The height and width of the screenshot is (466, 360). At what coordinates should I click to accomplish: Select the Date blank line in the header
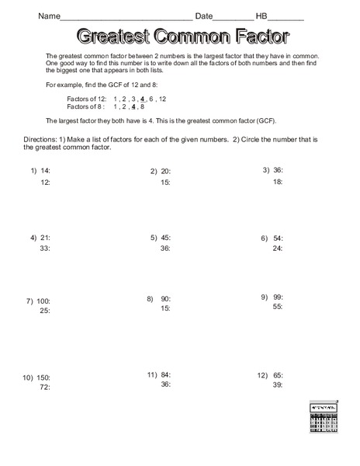point(233,17)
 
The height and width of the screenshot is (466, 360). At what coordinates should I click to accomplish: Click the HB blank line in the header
point(287,17)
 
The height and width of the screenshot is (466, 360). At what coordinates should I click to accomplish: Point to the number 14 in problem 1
point(46,170)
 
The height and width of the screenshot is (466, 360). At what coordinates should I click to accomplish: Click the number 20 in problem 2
point(166,171)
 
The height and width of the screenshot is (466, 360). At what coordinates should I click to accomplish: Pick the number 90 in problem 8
point(165,298)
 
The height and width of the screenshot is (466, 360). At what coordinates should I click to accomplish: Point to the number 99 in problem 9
point(278,297)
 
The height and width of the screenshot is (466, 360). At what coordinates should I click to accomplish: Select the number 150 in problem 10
point(42,377)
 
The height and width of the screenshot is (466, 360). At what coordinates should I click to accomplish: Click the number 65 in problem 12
point(278,374)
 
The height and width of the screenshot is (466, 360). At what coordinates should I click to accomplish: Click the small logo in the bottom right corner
point(324,423)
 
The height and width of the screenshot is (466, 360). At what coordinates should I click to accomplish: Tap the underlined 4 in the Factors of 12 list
point(142,99)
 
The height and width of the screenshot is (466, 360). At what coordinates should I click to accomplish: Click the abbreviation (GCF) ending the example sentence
point(264,121)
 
